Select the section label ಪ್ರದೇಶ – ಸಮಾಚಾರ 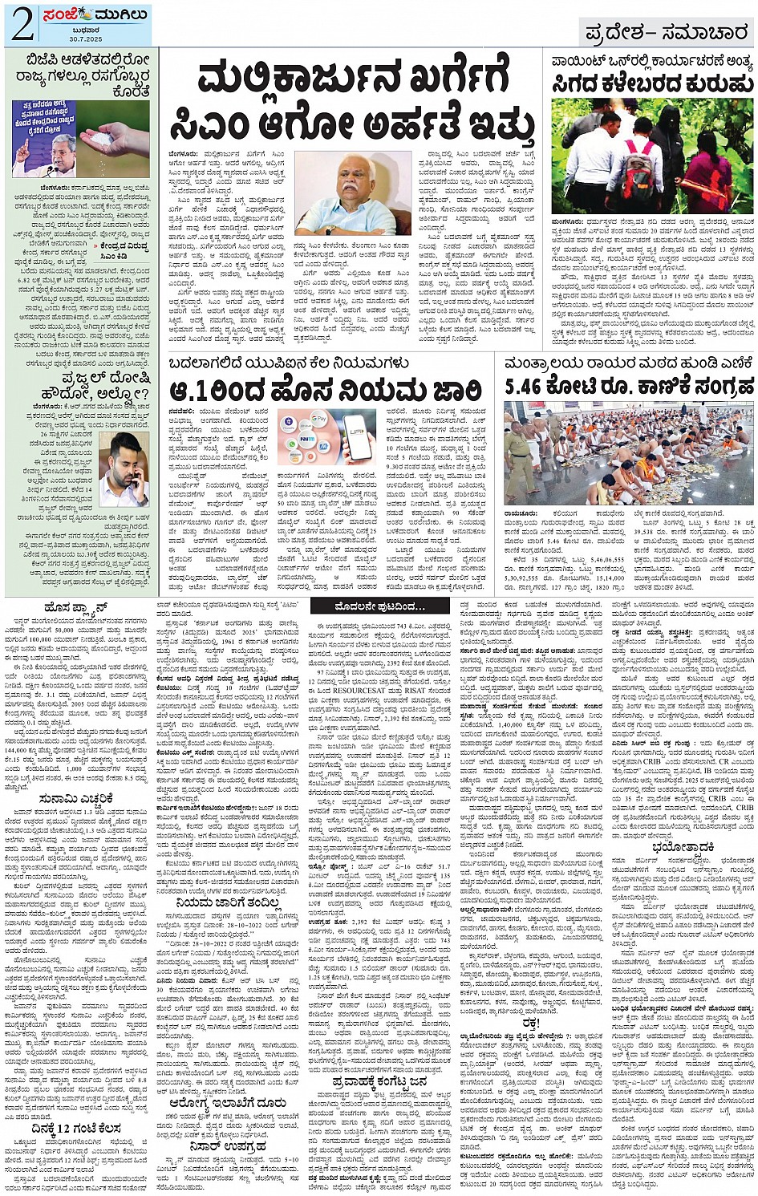[667, 32]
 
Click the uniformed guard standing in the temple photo [518, 453]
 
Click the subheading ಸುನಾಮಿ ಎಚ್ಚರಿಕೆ [76, 798]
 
